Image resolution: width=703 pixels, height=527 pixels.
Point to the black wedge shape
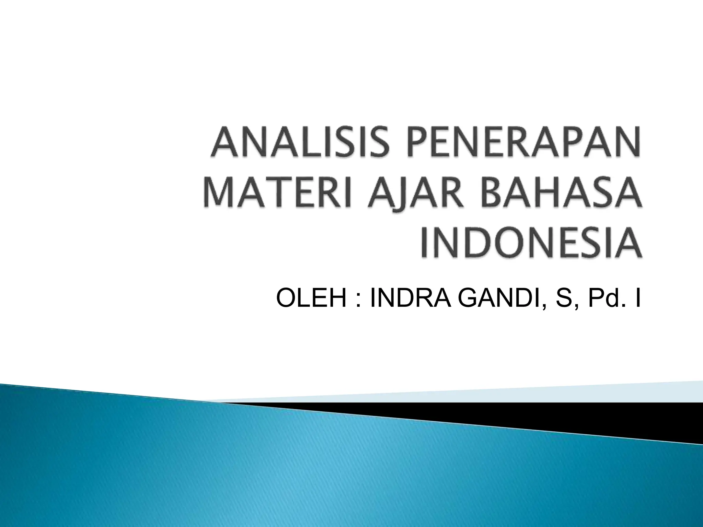584,417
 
